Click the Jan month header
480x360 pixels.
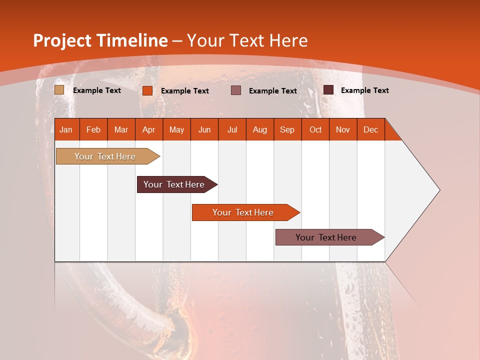66,129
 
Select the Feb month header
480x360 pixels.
93,129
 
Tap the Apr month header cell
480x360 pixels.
149,129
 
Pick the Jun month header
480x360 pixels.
204,129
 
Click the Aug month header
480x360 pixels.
260,129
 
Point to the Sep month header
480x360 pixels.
287,129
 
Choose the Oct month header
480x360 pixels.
315,129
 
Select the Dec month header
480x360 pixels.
371,129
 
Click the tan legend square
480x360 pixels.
59,90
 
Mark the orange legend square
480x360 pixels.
147,90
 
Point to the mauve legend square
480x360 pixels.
236,90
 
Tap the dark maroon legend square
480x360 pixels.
328,90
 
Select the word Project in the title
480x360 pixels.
61,40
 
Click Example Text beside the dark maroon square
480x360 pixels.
364,90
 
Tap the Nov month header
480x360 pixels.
343,129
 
